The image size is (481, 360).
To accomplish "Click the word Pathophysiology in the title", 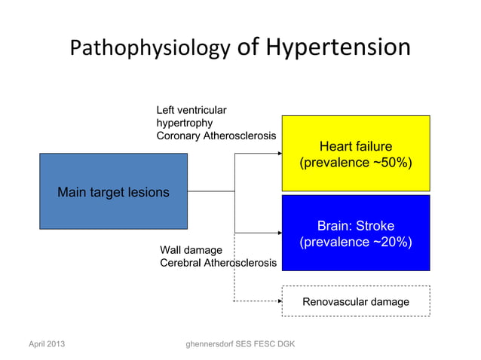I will point(149,49).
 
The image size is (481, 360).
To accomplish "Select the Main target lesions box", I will point(113,191).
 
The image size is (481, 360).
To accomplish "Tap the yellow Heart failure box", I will point(355,153).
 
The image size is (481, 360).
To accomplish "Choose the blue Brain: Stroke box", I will point(355,233).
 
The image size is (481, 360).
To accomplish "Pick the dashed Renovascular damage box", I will point(355,301).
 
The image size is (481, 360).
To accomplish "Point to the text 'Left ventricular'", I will point(191,109).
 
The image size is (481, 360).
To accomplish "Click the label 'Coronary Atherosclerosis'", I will point(216,136).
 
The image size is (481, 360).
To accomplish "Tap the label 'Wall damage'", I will point(191,249).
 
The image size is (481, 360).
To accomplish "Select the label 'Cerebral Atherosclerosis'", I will point(218,263).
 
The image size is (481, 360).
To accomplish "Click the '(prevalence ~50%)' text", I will point(355,163).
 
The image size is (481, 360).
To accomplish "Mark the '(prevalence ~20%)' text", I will point(355,243).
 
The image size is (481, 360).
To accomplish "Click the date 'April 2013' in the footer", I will point(46,344).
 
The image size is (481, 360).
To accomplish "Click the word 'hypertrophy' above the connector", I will point(184,122).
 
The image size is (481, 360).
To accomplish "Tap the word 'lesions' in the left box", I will point(149,193).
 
